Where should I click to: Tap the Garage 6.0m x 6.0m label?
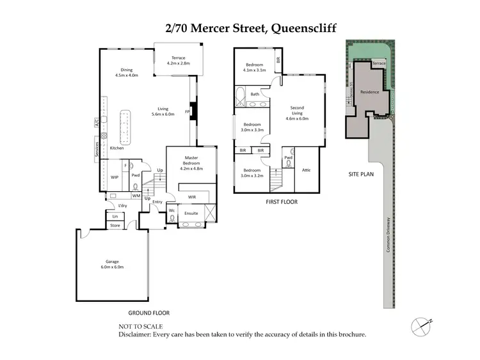pyautogui.click(x=112, y=264)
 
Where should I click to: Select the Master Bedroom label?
pyautogui.click(x=193, y=160)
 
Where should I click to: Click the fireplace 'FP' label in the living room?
pyautogui.click(x=188, y=111)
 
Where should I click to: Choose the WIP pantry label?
pyautogui.click(x=115, y=177)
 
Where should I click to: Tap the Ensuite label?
pyautogui.click(x=191, y=213)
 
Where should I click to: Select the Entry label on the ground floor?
pyautogui.click(x=157, y=202)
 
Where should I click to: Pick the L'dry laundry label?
pyautogui.click(x=122, y=205)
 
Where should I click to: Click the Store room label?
pyautogui.click(x=115, y=225)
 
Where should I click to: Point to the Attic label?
pyautogui.click(x=306, y=169)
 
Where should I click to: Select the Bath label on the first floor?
pyautogui.click(x=255, y=94)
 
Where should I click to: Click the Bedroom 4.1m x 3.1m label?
pyautogui.click(x=255, y=68)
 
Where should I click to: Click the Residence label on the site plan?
pyautogui.click(x=369, y=92)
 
